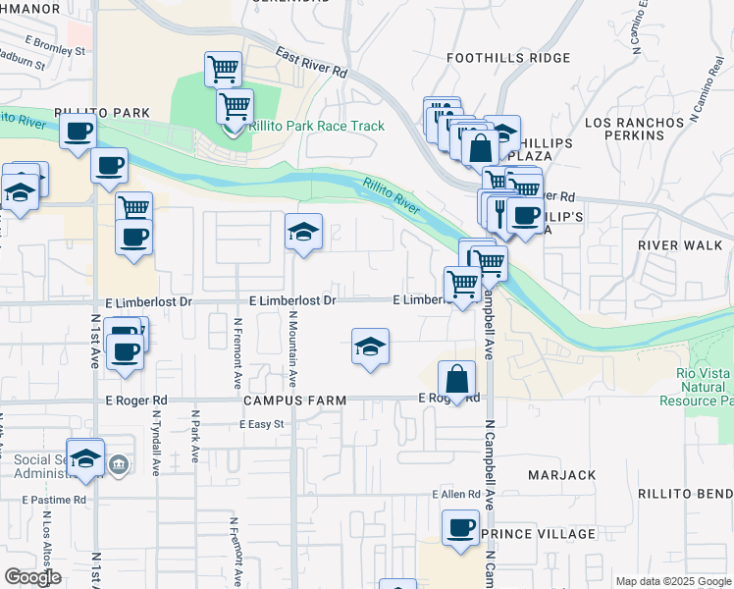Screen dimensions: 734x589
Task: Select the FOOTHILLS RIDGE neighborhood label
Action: (507, 58)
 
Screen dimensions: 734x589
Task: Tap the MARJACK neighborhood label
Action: (561, 475)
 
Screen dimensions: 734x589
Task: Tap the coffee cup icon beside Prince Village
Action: (459, 528)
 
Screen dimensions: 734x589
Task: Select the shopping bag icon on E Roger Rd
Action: (457, 378)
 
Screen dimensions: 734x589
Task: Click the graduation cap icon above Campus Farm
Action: (370, 347)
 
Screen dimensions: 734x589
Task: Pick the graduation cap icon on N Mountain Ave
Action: (303, 232)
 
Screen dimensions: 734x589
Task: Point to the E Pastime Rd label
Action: (54, 500)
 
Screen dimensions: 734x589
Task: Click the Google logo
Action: (32, 577)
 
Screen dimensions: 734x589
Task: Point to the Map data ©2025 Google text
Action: (672, 581)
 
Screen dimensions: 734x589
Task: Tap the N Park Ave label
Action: (196, 438)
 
